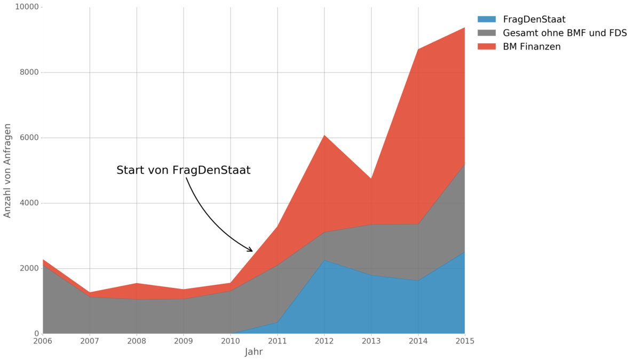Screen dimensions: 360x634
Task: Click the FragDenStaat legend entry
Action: [x=534, y=20]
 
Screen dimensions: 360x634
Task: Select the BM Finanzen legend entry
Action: [x=532, y=47]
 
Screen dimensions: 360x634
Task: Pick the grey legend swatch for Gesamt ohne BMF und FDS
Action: [x=486, y=33]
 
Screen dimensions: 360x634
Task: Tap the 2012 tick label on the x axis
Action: [x=324, y=340]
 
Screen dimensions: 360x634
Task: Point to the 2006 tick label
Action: [x=43, y=340]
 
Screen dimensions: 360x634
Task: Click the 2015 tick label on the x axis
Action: [x=464, y=340]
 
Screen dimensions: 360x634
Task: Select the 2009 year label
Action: [x=184, y=340]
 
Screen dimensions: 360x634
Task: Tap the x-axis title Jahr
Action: [x=253, y=352]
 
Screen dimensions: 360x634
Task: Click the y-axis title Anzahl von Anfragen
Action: [x=7, y=170]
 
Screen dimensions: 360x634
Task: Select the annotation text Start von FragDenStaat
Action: [x=183, y=171]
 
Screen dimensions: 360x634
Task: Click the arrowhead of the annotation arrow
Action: [x=251, y=251]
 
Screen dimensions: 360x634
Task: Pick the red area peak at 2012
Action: [x=324, y=135]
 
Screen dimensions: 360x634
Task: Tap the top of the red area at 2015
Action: [x=464, y=28]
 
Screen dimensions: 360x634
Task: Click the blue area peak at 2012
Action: [x=324, y=260]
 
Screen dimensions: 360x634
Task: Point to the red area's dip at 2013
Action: [x=371, y=179]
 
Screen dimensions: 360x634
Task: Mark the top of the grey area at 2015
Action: [x=464, y=164]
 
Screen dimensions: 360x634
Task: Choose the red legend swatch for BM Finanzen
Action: [x=486, y=47]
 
